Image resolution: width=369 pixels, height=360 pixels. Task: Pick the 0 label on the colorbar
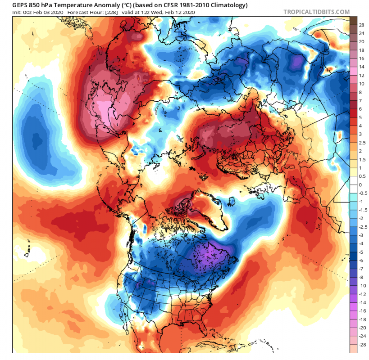point(360,184)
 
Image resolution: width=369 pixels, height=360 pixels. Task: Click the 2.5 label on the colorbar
point(362,142)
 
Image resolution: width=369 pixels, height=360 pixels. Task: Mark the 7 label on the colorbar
point(360,100)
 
